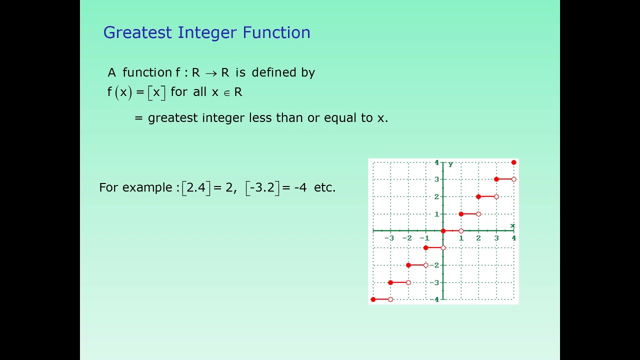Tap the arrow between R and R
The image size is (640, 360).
point(211,73)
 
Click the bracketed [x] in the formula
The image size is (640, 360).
point(156,92)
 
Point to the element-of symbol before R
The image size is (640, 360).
point(226,93)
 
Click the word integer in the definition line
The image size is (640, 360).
point(223,118)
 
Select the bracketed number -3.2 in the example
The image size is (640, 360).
point(262,187)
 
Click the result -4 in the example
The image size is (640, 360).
point(300,188)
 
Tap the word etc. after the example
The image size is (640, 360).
point(324,187)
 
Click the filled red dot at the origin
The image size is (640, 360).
point(443,231)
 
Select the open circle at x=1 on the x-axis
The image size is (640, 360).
point(461,231)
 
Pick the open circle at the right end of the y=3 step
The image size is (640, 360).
point(513,179)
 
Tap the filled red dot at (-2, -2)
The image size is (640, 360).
point(408,265)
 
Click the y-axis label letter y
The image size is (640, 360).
point(450,164)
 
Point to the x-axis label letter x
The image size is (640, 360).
point(512,225)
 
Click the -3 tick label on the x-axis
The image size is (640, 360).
point(389,238)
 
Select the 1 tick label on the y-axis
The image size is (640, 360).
point(436,214)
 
